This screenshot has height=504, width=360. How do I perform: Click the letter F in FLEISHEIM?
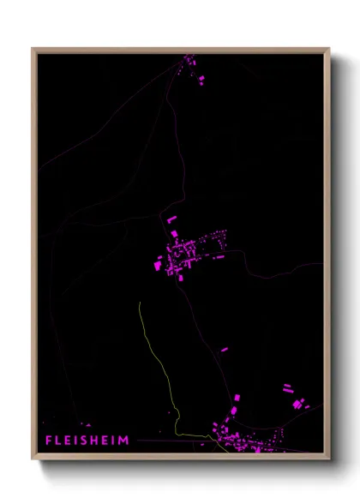(x=50, y=441)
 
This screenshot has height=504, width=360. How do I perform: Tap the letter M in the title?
(x=125, y=441)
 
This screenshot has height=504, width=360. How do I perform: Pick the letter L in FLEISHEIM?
(x=59, y=441)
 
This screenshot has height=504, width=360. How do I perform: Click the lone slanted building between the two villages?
(x=225, y=350)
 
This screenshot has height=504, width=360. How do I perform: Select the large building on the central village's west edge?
(x=158, y=265)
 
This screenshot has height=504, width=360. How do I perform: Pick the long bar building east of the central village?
(x=220, y=255)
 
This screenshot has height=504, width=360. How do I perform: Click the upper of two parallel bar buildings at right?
(x=288, y=387)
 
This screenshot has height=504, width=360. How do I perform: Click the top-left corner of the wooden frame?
(x=33, y=50)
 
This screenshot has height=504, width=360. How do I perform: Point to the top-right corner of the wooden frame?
(x=328, y=50)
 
